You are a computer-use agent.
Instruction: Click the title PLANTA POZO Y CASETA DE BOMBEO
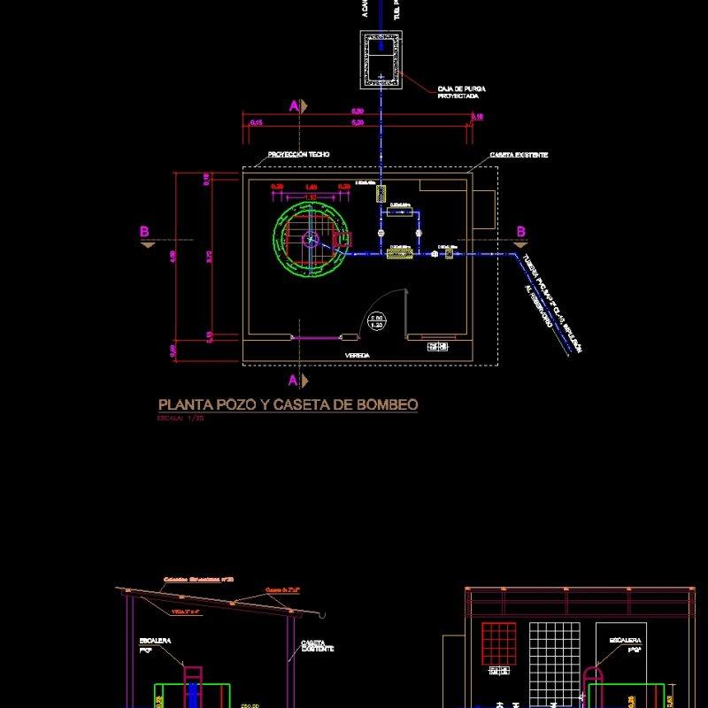(288, 405)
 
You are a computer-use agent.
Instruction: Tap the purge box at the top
(381, 59)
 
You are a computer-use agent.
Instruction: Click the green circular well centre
(310, 238)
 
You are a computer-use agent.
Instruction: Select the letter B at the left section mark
(144, 232)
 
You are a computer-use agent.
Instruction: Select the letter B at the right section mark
(521, 232)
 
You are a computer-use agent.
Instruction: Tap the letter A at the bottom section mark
(293, 381)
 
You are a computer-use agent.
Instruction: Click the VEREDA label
(358, 355)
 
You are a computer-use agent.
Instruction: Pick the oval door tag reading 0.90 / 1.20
(376, 321)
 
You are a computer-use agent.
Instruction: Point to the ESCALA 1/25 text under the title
(181, 419)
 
